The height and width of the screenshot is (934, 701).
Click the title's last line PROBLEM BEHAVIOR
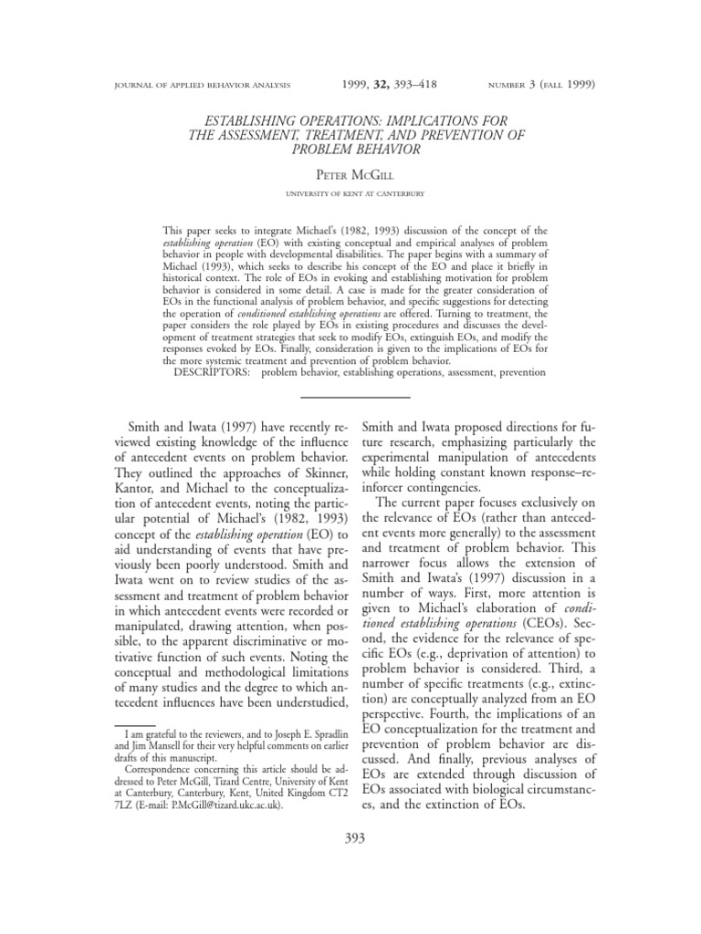351,149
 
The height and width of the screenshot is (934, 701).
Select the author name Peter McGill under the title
351,173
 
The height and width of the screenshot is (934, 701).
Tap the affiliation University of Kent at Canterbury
351,193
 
